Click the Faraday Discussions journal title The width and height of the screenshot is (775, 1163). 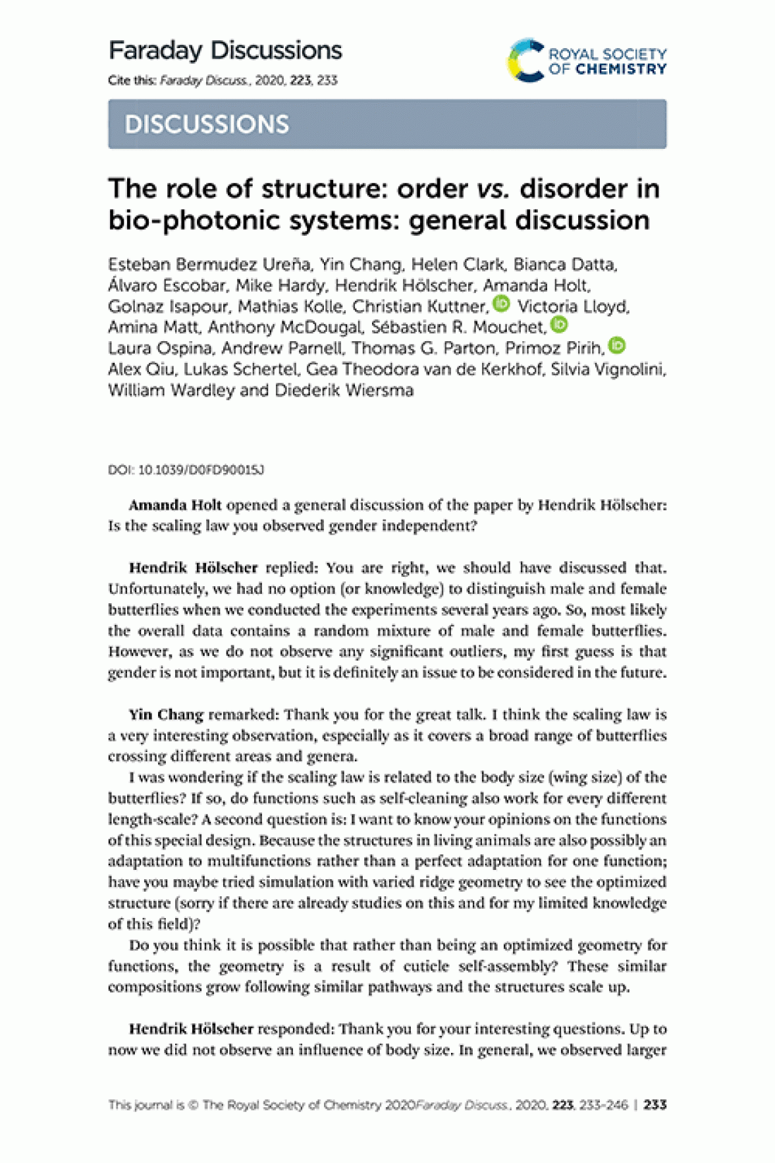[x=225, y=51]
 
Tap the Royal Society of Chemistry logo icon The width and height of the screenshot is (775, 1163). [x=526, y=61]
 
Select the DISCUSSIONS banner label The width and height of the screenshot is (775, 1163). [x=207, y=124]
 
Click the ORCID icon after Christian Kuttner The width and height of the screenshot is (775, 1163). [x=502, y=304]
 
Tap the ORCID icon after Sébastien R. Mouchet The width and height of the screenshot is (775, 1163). [x=559, y=324]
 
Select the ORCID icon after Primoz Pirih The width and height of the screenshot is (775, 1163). [x=617, y=345]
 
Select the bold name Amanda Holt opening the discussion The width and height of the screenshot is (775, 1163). [x=175, y=505]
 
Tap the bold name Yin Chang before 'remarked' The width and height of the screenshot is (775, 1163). [x=166, y=715]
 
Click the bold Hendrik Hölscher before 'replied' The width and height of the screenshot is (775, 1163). [x=193, y=568]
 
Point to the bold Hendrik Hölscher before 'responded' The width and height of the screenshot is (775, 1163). [x=191, y=1029]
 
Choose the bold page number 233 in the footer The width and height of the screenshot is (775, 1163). [x=655, y=1105]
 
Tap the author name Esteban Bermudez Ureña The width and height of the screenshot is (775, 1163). [x=209, y=265]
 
